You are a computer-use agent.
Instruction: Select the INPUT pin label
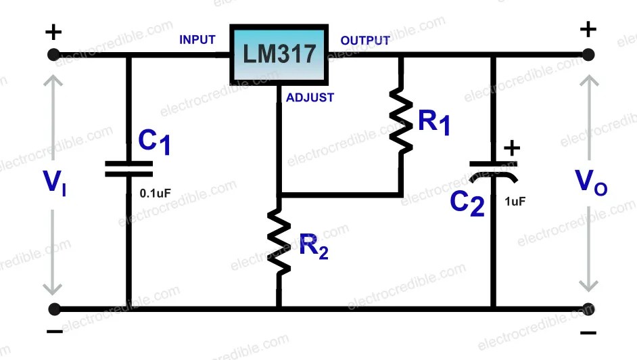pos(197,40)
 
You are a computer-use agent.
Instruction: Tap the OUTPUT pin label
pos(365,41)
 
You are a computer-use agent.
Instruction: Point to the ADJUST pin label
pos(310,97)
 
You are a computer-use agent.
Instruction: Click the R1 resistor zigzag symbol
pos(401,122)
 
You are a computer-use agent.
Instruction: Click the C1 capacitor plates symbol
pos(128,169)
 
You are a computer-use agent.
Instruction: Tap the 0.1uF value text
pos(156,193)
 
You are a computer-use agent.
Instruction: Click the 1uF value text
pos(515,201)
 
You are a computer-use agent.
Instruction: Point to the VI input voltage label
pos(54,183)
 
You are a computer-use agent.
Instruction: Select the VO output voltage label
pos(590,182)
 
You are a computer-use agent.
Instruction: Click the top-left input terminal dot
pos(54,55)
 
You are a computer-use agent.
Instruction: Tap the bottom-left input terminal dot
pos(54,309)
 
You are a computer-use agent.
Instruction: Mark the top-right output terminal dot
pos(588,55)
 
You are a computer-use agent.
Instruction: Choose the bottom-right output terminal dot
pos(588,309)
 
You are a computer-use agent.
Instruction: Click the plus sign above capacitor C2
pos(513,148)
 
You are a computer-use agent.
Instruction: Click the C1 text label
pos(155,141)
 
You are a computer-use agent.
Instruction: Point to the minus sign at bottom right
pos(588,332)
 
